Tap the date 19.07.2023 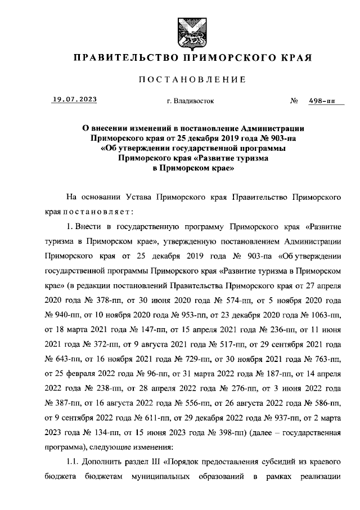coord(74,100)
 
